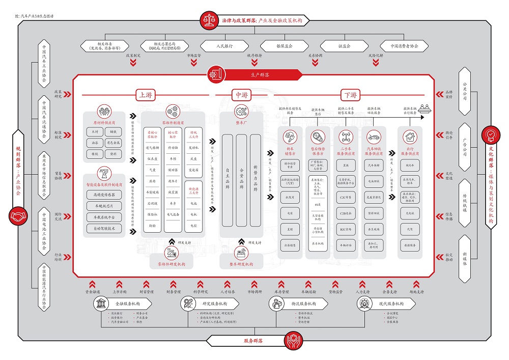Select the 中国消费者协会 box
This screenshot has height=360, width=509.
404,46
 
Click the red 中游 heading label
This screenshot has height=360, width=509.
241,95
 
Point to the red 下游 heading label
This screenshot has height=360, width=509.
351,95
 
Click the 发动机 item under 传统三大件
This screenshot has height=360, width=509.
193,147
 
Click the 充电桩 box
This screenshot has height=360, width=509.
410,214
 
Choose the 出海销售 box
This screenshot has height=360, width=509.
289,245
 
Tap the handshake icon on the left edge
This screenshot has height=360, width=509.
19,216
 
